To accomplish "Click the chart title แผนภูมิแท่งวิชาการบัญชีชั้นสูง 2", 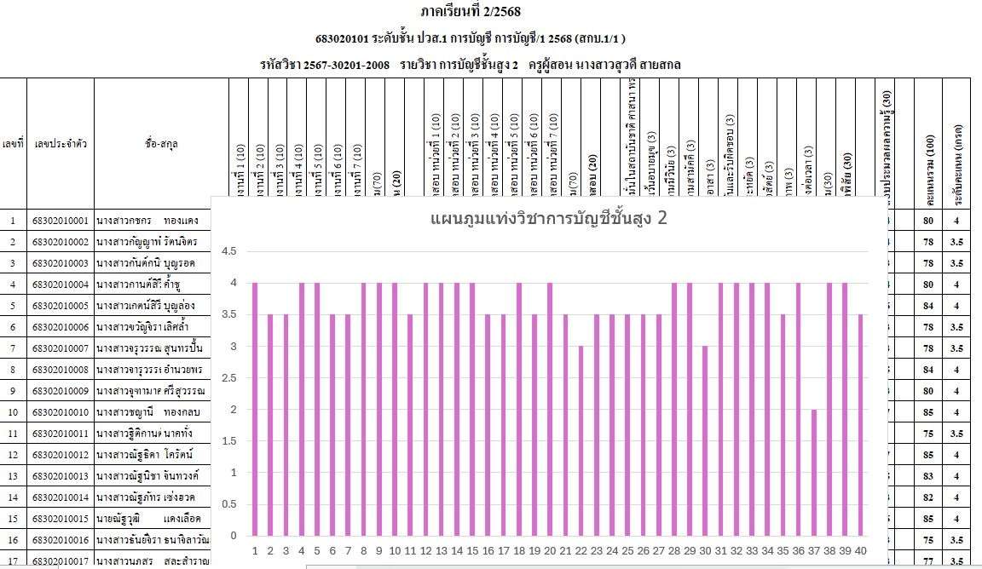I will pos(548,219).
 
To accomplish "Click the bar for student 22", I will pos(581,440).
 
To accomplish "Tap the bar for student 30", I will pos(705,440).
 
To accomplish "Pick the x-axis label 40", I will pos(860,550).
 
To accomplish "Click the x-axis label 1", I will pos(255,550).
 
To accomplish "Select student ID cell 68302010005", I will pos(59,305).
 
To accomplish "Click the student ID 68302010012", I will pos(59,455).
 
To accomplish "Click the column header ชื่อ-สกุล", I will pos(160,144).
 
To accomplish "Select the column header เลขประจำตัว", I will pos(59,144).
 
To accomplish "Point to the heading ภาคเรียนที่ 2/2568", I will pos(470,12).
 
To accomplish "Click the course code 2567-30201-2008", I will pos(347,64).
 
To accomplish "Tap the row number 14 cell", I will pos(13,497).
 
